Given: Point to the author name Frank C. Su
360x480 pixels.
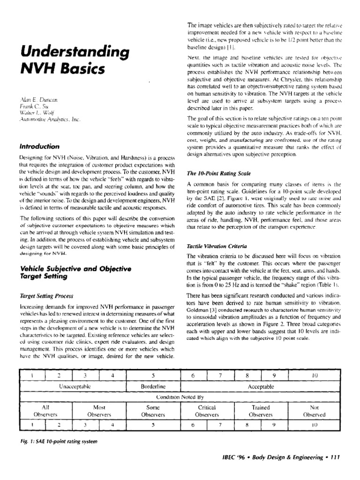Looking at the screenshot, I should point(31,107).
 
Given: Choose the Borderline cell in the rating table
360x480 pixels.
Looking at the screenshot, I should point(154,387).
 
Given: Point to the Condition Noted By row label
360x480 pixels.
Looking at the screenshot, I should point(180,397).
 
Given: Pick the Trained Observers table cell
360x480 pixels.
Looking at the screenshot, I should point(261,411).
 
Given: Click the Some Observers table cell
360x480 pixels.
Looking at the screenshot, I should point(154,411).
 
